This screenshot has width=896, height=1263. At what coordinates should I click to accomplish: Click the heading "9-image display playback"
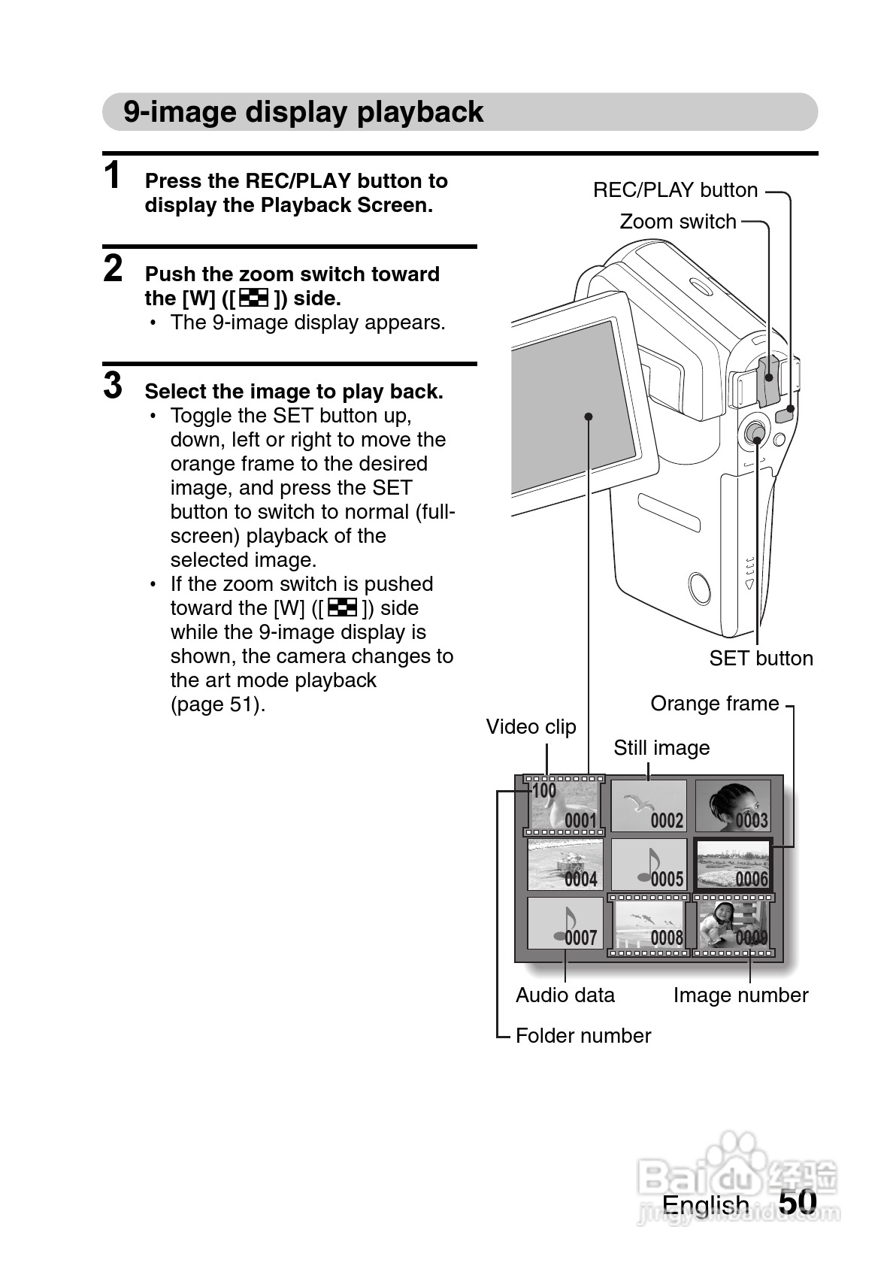[303, 111]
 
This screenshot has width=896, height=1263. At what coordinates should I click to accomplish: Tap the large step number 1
[112, 174]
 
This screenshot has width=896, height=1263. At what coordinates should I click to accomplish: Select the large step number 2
[113, 268]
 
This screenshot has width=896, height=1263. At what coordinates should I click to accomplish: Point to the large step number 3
[113, 386]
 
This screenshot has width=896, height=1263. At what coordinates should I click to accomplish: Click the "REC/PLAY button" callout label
[675, 190]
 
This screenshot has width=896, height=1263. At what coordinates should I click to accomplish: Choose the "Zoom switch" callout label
[678, 222]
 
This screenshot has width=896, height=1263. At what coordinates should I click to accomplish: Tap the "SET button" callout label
[761, 658]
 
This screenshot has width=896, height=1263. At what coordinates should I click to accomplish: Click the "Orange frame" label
[714, 704]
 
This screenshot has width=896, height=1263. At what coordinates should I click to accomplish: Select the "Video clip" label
[531, 727]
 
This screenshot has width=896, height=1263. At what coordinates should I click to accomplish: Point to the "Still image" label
[661, 748]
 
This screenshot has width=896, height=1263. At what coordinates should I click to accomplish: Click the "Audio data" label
[565, 995]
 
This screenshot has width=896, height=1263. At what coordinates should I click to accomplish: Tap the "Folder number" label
[583, 1036]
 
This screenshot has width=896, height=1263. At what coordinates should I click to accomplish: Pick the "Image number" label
[740, 995]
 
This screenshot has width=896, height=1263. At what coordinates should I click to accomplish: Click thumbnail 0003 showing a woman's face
[732, 806]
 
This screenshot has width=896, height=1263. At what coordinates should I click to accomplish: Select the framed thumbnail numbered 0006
[732, 865]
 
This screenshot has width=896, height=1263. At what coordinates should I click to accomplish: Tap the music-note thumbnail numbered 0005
[649, 865]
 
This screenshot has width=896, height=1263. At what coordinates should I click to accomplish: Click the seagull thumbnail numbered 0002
[649, 806]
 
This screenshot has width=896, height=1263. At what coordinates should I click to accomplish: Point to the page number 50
[798, 1201]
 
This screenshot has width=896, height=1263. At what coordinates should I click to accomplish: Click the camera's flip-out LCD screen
[574, 407]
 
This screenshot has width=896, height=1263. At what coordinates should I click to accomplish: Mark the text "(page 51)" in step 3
[218, 705]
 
